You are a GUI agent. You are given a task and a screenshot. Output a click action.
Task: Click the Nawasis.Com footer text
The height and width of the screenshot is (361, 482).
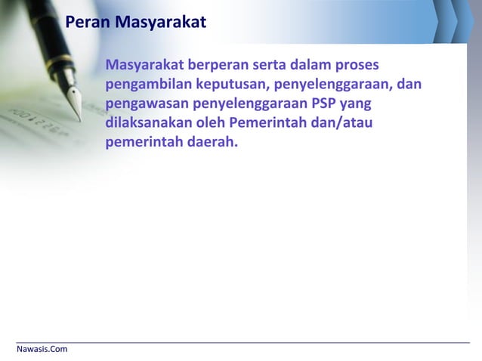coord(42,349)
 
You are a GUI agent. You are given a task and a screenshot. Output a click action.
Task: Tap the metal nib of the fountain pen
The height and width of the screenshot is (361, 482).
coord(74,100)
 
